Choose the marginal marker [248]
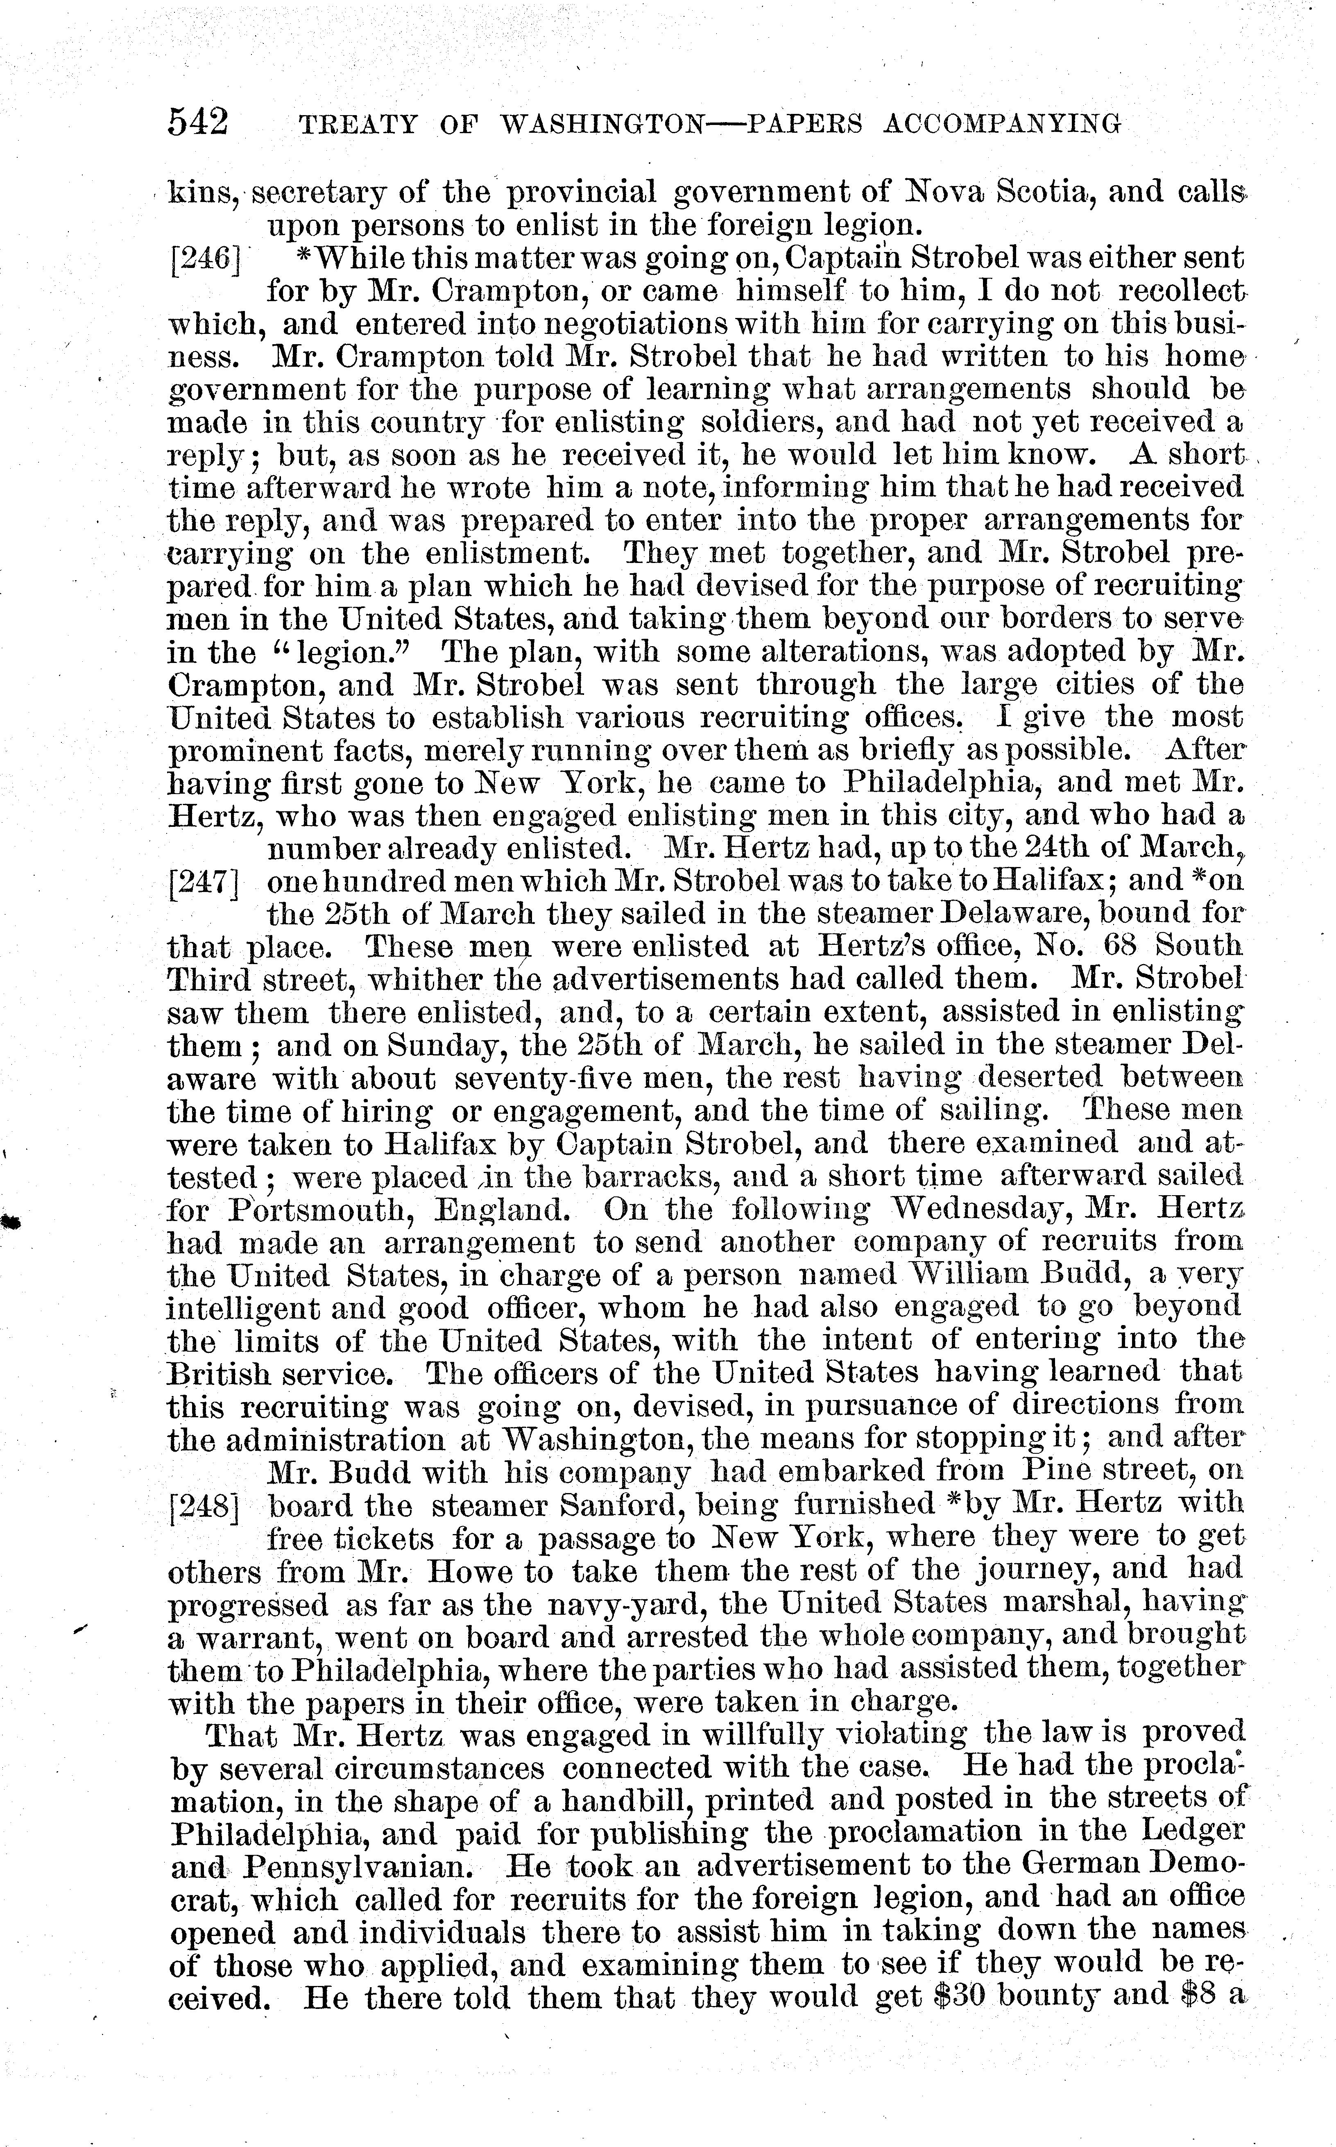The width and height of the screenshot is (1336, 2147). pyautogui.click(x=204, y=1505)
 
